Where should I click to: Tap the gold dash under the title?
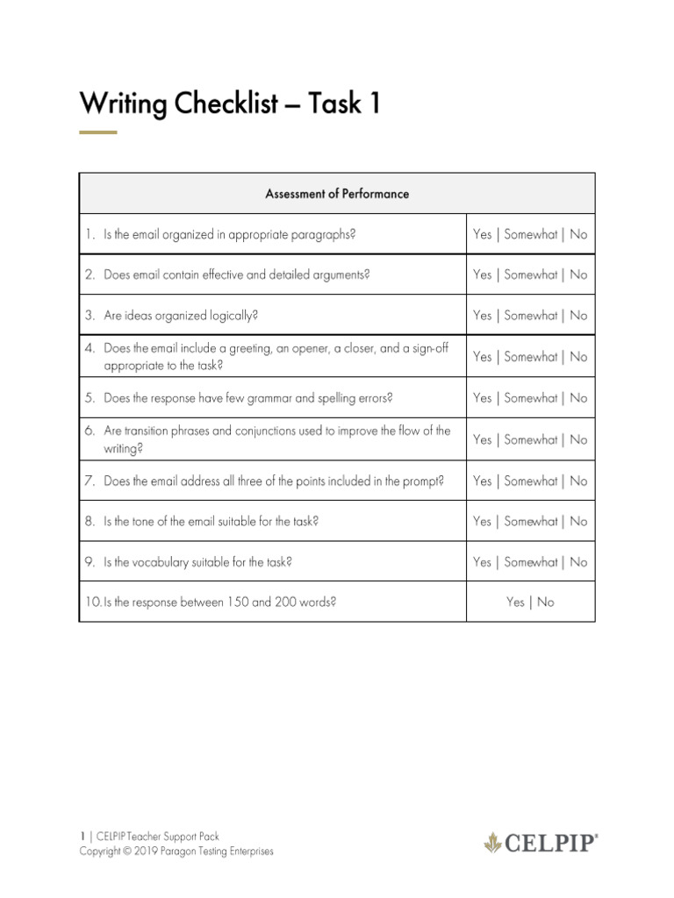(97, 132)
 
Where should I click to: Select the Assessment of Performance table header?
(337, 194)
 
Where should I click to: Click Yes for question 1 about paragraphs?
(482, 234)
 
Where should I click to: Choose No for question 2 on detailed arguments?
(578, 274)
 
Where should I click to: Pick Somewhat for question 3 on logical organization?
(530, 316)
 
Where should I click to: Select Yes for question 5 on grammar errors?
(482, 398)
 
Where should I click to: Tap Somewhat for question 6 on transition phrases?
(530, 439)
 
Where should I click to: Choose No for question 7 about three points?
(578, 481)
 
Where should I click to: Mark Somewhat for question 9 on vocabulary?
(530, 562)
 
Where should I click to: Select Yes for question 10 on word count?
(515, 602)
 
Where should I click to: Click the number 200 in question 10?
(287, 602)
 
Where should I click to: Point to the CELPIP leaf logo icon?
(493, 844)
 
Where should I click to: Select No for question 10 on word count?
(546, 602)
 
